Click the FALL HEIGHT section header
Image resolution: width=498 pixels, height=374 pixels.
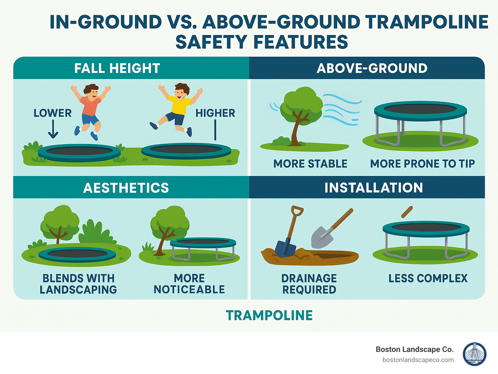point(117,68)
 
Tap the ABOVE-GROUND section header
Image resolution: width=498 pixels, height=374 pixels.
point(372,68)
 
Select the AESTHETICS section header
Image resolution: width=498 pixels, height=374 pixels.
point(126,188)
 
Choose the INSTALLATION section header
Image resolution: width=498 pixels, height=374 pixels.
point(373,188)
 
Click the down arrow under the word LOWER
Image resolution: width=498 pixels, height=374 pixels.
point(53,129)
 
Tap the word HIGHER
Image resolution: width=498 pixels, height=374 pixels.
point(215,113)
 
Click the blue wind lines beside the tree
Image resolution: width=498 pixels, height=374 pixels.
point(342,110)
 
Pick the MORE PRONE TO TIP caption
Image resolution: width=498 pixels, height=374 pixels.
point(422,164)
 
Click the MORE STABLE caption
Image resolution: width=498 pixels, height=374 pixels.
point(310,164)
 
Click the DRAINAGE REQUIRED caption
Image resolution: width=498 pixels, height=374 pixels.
point(309,284)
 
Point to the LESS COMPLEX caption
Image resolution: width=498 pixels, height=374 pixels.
point(428,278)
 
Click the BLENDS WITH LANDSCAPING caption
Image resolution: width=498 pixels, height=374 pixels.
point(78,284)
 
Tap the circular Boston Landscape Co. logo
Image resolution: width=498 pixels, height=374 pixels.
point(474,354)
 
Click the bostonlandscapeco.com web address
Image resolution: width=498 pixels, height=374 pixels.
point(418,360)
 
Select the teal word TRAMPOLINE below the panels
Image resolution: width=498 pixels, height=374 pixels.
point(269,315)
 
